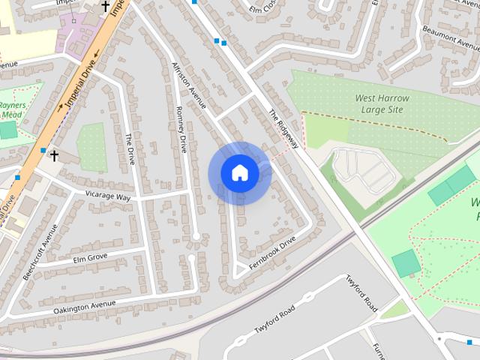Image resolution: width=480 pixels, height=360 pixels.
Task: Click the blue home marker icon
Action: tap(240, 173)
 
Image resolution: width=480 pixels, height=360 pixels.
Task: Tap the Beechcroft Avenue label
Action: tap(40, 252)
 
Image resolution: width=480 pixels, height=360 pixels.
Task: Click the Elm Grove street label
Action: tap(91, 259)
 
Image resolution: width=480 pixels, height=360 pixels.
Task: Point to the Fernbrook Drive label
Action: tap(272, 249)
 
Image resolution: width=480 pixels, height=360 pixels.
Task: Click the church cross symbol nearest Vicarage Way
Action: tap(54, 156)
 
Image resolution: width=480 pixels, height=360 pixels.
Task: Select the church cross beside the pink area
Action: tap(106, 7)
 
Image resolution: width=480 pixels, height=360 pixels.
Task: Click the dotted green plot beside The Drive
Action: tap(91, 146)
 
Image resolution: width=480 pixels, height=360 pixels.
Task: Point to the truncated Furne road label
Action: tap(379, 350)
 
